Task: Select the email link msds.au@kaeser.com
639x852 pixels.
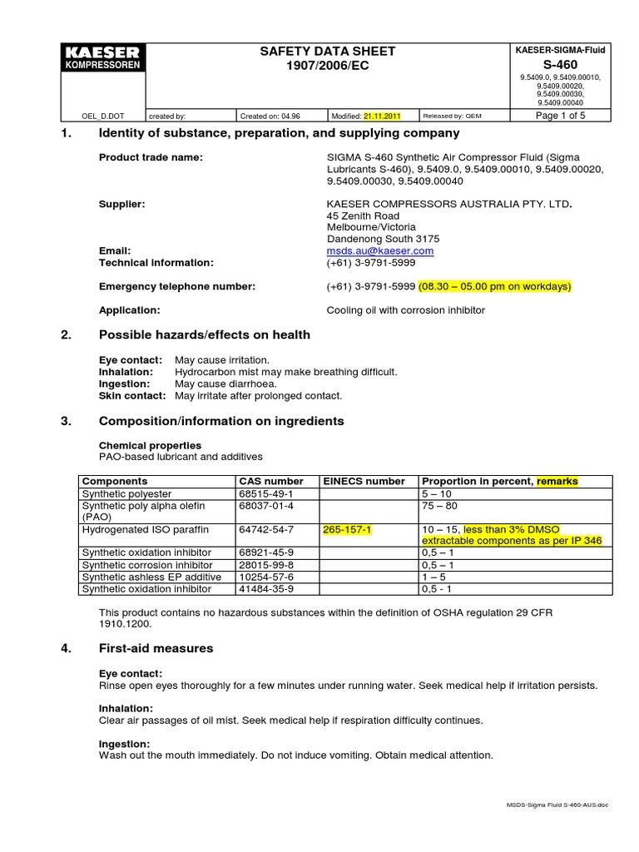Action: point(380,250)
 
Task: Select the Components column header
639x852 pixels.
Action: point(115,481)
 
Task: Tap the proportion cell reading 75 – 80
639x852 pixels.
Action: point(440,505)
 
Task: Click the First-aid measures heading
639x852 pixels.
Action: point(156,648)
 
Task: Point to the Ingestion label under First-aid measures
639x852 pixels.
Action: point(124,744)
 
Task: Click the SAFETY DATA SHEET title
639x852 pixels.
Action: point(329,52)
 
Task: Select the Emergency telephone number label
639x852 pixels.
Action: point(176,286)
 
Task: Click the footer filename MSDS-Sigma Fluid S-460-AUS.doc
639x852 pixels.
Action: point(557,805)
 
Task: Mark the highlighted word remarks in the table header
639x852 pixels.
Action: point(557,481)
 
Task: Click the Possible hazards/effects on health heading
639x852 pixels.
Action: point(204,334)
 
